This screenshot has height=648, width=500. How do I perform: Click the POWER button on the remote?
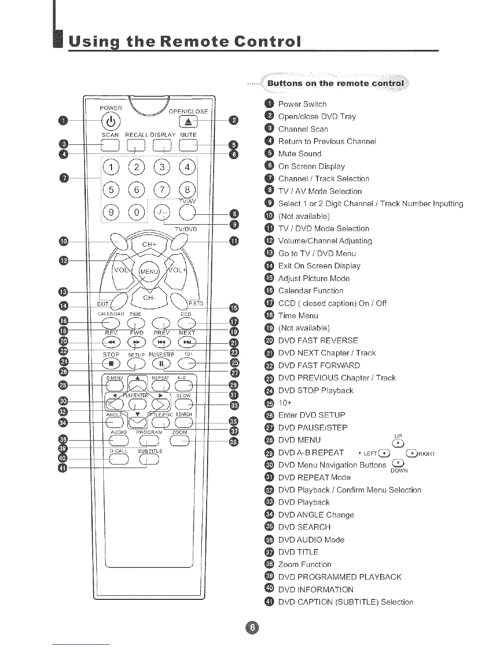point(113,121)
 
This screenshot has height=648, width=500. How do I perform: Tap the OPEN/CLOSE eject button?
point(188,122)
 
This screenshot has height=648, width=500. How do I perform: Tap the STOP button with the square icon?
point(111,363)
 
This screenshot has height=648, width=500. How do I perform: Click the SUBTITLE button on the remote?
point(149,460)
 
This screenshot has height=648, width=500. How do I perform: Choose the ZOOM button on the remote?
point(179,441)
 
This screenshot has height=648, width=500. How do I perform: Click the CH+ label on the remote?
point(150,245)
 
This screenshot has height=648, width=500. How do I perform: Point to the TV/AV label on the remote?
point(187,201)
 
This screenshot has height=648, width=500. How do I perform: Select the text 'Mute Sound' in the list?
point(299,154)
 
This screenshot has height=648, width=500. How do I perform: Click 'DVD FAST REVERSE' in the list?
point(318,341)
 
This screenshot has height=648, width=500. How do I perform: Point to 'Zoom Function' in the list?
point(304,565)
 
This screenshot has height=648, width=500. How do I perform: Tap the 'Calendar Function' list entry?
point(310,291)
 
